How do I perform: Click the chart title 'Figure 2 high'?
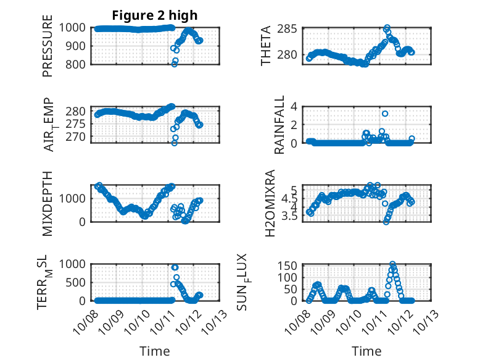(155, 15)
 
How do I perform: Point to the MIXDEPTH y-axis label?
(48, 203)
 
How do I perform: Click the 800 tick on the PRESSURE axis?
(77, 64)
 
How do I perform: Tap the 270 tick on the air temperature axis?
(77, 136)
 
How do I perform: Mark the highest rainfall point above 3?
(385, 114)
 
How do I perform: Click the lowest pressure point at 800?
(175, 64)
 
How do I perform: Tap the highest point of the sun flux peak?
(392, 264)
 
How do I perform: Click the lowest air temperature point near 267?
(175, 143)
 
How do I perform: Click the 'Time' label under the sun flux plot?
(367, 351)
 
